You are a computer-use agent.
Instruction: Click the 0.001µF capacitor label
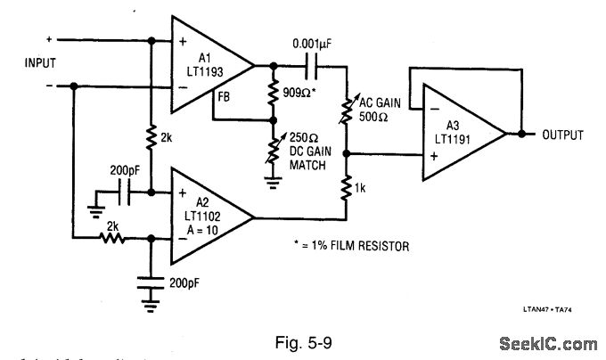point(317,44)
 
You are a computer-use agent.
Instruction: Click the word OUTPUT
point(562,135)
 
